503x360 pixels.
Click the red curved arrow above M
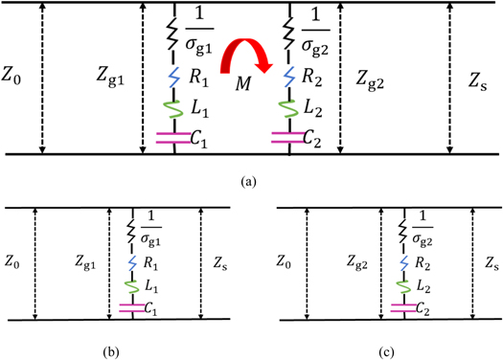pos(246,52)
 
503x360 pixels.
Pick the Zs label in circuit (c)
pos(489,259)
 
